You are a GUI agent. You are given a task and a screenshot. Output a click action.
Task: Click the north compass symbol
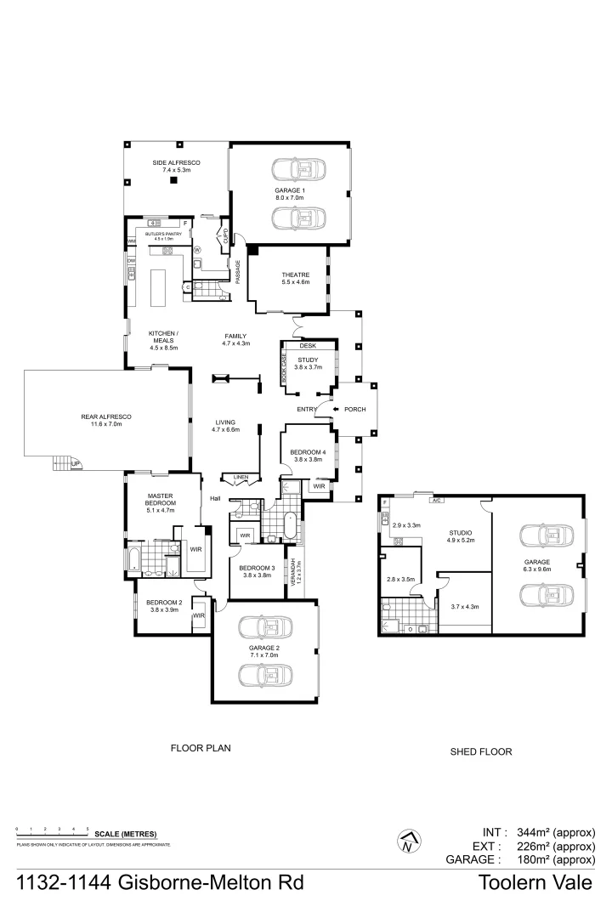(409, 842)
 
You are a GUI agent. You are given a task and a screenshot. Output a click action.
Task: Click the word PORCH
(354, 410)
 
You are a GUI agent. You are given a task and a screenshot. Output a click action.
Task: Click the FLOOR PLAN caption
(201, 748)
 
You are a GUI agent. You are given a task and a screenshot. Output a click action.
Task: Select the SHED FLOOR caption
(481, 752)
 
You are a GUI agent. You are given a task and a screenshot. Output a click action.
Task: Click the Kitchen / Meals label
(162, 337)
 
